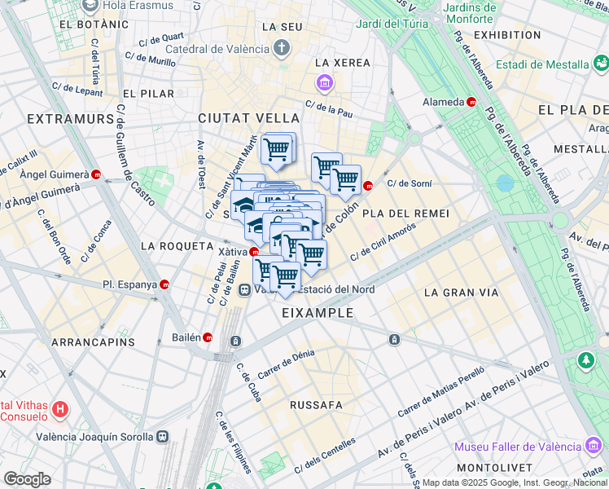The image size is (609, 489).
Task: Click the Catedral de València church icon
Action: pos(282,46)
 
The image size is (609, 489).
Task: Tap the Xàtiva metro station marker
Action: pos(254,252)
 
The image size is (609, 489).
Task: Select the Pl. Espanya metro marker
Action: pos(165,285)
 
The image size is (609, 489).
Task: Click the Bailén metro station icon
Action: pos(208,337)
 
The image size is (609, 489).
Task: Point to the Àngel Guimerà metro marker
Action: pos(97,174)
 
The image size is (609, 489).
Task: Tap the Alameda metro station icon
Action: pos(471,102)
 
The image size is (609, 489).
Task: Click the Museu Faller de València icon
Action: pos(594,446)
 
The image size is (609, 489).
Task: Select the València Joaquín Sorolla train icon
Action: pos(164,437)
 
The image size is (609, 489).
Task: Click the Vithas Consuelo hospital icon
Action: pos(59,407)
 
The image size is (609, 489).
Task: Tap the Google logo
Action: pos(27,479)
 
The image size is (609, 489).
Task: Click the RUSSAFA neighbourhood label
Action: pos(316,404)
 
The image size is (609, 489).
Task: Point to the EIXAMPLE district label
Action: pos(318,313)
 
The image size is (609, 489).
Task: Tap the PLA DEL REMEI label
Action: pos(406,213)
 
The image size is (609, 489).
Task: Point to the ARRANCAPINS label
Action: pos(93,342)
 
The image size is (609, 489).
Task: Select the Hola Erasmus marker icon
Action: pos(90,6)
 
